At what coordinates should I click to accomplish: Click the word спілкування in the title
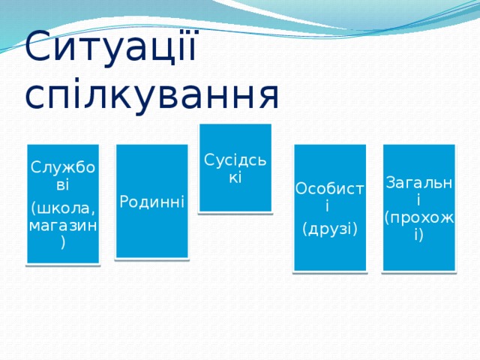[152, 94]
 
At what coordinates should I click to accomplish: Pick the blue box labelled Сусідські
[235, 199]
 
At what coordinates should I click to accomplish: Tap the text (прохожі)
[418, 226]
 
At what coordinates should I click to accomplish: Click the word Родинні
[151, 201]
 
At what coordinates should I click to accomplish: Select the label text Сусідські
[235, 169]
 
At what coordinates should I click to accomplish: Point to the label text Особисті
[329, 196]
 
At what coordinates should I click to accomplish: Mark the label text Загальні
[418, 190]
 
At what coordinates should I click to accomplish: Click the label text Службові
[63, 173]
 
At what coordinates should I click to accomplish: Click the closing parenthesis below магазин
[64, 243]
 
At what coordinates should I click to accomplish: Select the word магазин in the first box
[63, 225]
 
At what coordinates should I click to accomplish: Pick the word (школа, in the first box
[63, 208]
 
